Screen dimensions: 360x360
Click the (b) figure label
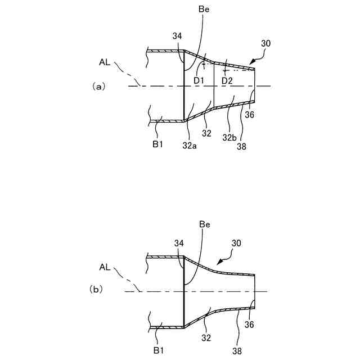pos(97,289)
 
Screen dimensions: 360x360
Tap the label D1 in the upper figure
pos(199,81)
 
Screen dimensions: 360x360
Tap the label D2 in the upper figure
pos(227,81)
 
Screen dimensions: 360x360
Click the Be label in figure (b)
pos(205,224)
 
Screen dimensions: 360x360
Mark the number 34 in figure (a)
pos(177,36)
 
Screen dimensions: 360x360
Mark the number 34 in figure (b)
pos(178,243)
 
